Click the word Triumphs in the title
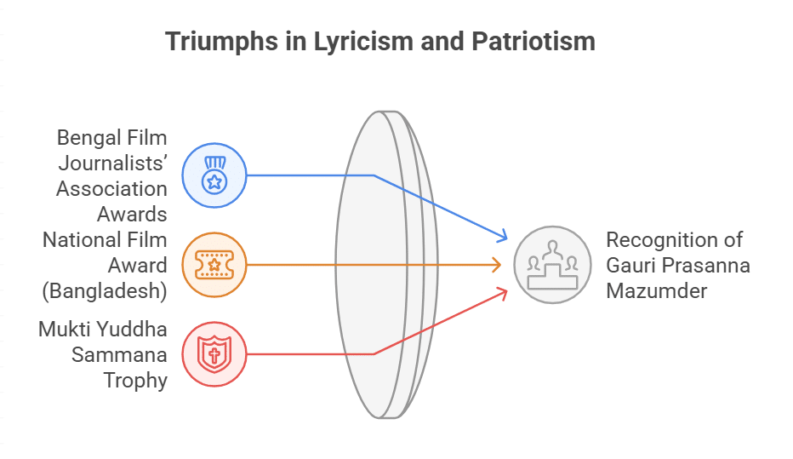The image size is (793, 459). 221,42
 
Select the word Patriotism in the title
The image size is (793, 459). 533,41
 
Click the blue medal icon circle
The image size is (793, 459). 214,175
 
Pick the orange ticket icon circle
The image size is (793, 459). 214,265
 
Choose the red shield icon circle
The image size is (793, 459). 214,354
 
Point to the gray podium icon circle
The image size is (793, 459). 552,265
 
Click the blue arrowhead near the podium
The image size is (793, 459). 502,235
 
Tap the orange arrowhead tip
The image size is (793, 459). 501,265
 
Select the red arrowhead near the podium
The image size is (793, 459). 502,294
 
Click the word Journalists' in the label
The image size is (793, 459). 113,164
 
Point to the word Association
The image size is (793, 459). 111,189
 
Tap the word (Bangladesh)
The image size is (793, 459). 105,291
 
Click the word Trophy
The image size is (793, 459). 135,381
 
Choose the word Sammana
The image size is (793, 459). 119,355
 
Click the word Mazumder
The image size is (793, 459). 657,291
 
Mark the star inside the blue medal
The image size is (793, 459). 214,181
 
